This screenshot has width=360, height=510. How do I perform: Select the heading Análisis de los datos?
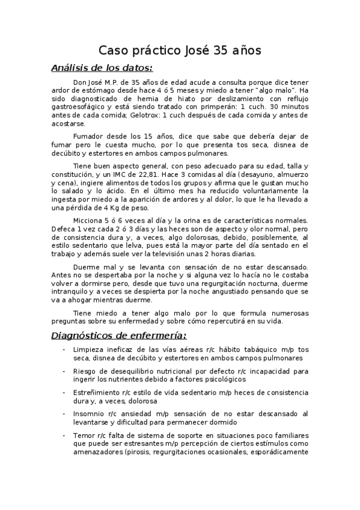pos(102,68)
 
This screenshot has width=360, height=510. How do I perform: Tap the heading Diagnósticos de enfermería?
pos(118,335)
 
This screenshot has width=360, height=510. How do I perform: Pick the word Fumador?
pos(88,137)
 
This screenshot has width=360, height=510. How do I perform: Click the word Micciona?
pos(89,221)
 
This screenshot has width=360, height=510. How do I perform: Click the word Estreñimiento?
pos(99,392)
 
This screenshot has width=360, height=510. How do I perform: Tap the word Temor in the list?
pos(84,435)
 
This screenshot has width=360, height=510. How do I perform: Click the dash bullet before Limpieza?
pos(64,349)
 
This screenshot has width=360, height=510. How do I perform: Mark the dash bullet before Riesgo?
pos(64,371)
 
